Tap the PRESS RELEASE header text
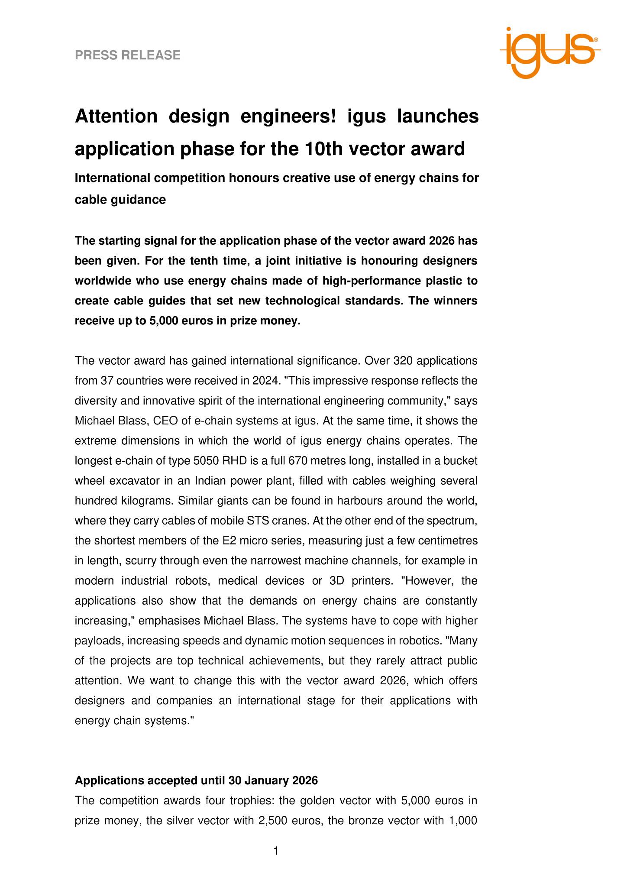coord(128,55)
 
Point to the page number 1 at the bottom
coord(276,851)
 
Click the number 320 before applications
coord(403,361)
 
